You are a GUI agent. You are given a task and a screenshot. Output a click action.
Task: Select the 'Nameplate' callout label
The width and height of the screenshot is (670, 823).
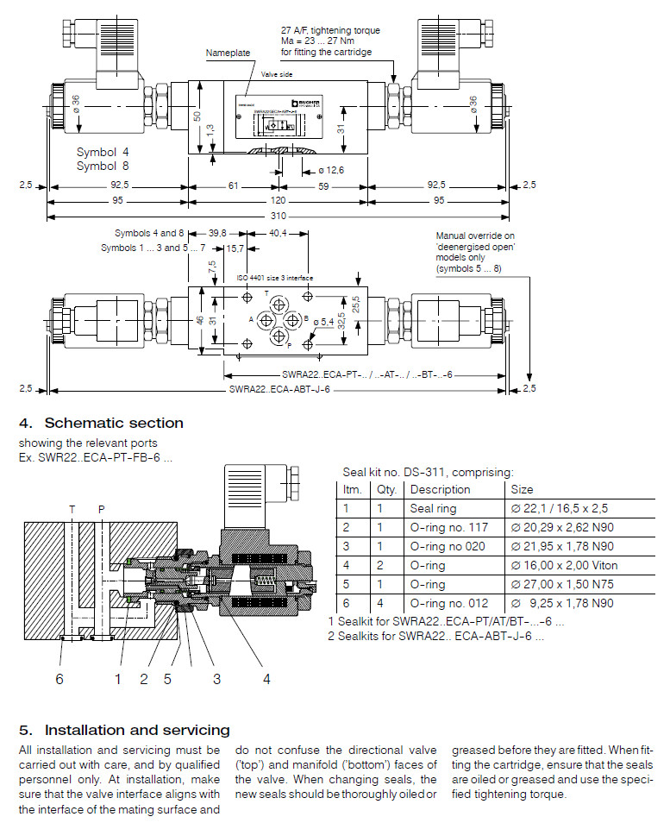(x=228, y=53)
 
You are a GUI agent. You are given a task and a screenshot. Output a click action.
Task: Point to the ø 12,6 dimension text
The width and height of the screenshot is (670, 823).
(x=330, y=170)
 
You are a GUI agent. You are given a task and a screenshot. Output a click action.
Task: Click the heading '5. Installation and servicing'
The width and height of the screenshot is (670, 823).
(x=124, y=730)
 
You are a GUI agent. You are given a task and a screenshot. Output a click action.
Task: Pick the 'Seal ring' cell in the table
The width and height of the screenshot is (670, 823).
(x=433, y=508)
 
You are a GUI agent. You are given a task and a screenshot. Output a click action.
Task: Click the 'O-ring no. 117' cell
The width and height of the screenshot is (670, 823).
(x=448, y=527)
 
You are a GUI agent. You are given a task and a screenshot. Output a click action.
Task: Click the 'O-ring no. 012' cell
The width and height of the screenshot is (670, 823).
(x=448, y=603)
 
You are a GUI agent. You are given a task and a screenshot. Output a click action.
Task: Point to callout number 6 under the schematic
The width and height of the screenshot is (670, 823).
(x=59, y=679)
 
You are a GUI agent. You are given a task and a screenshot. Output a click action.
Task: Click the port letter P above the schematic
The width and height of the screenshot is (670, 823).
(x=101, y=509)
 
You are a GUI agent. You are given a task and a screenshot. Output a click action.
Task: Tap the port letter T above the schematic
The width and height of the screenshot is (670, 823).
(x=72, y=509)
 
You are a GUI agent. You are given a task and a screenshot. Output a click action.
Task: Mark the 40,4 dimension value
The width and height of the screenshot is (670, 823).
(x=279, y=233)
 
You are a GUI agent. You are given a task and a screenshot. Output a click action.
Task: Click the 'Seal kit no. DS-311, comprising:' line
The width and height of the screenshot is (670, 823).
(x=428, y=472)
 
